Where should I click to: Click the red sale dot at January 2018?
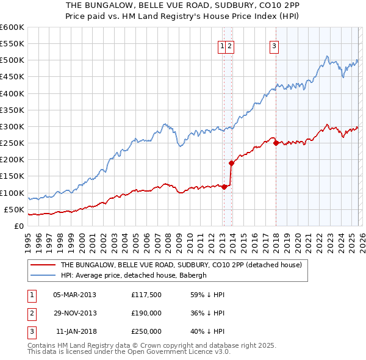pyautogui.click(x=276, y=143)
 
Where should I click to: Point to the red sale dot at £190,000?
pyautogui.click(x=232, y=163)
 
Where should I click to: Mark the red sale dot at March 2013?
pyautogui.click(x=224, y=187)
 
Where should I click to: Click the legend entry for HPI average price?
pyautogui.click(x=134, y=275)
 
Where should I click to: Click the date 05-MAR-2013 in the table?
pyautogui.click(x=74, y=295)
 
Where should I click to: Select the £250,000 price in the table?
pyautogui.click(x=146, y=331)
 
